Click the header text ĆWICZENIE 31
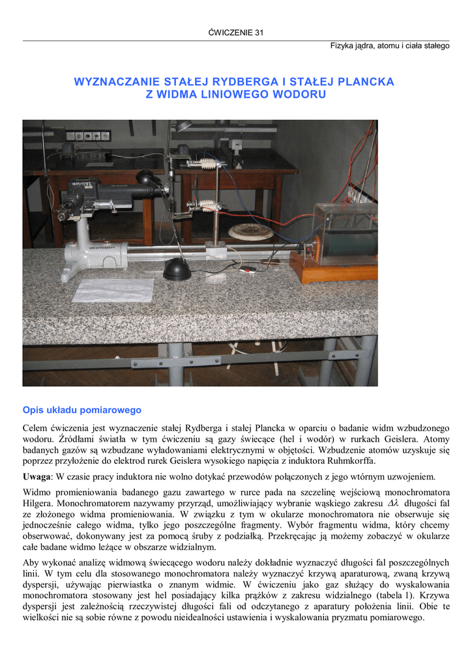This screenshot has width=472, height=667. point(235,33)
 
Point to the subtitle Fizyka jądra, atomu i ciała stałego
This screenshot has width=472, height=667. point(389,46)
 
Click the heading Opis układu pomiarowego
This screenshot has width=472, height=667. point(81,410)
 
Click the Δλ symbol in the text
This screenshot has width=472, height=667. point(392,504)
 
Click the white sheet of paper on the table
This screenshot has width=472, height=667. point(113,290)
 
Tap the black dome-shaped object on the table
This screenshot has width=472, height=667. point(177,269)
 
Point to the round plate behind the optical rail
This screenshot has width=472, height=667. point(250,231)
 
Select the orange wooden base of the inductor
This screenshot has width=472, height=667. point(332,268)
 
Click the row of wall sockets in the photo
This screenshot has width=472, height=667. point(88,135)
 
